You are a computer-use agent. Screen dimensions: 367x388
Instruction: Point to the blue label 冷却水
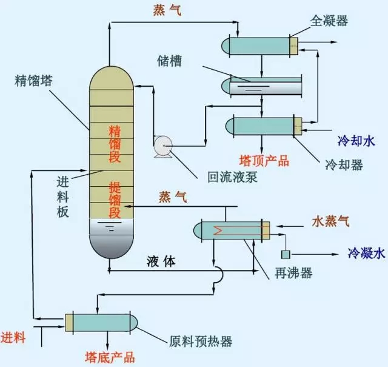pyautogui.click(x=356, y=141)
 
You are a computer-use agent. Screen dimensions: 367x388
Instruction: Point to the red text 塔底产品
pyautogui.click(x=110, y=357)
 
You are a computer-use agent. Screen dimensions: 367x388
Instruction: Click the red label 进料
pyautogui.click(x=13, y=338)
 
